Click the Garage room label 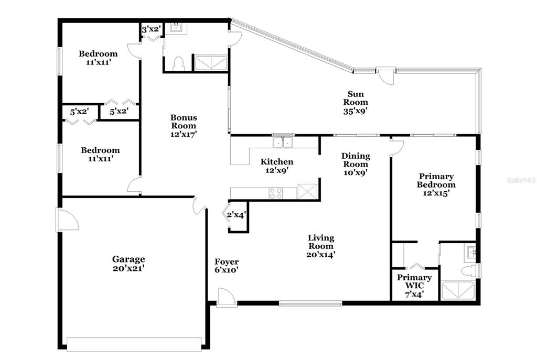[x=129, y=264]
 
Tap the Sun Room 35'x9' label [x=356, y=102]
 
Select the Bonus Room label [x=184, y=126]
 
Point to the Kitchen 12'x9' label [x=277, y=166]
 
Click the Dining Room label [x=356, y=164]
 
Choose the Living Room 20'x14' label [x=321, y=246]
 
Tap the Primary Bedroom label [x=436, y=185]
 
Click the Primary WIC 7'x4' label [x=414, y=286]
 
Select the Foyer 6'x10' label [x=227, y=266]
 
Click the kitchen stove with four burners [x=275, y=193]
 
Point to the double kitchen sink [x=283, y=142]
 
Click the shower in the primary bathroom [x=458, y=291]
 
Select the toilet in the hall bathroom [x=178, y=64]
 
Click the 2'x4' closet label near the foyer [x=237, y=215]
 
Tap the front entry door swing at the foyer [x=226, y=297]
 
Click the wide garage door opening [x=134, y=344]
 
